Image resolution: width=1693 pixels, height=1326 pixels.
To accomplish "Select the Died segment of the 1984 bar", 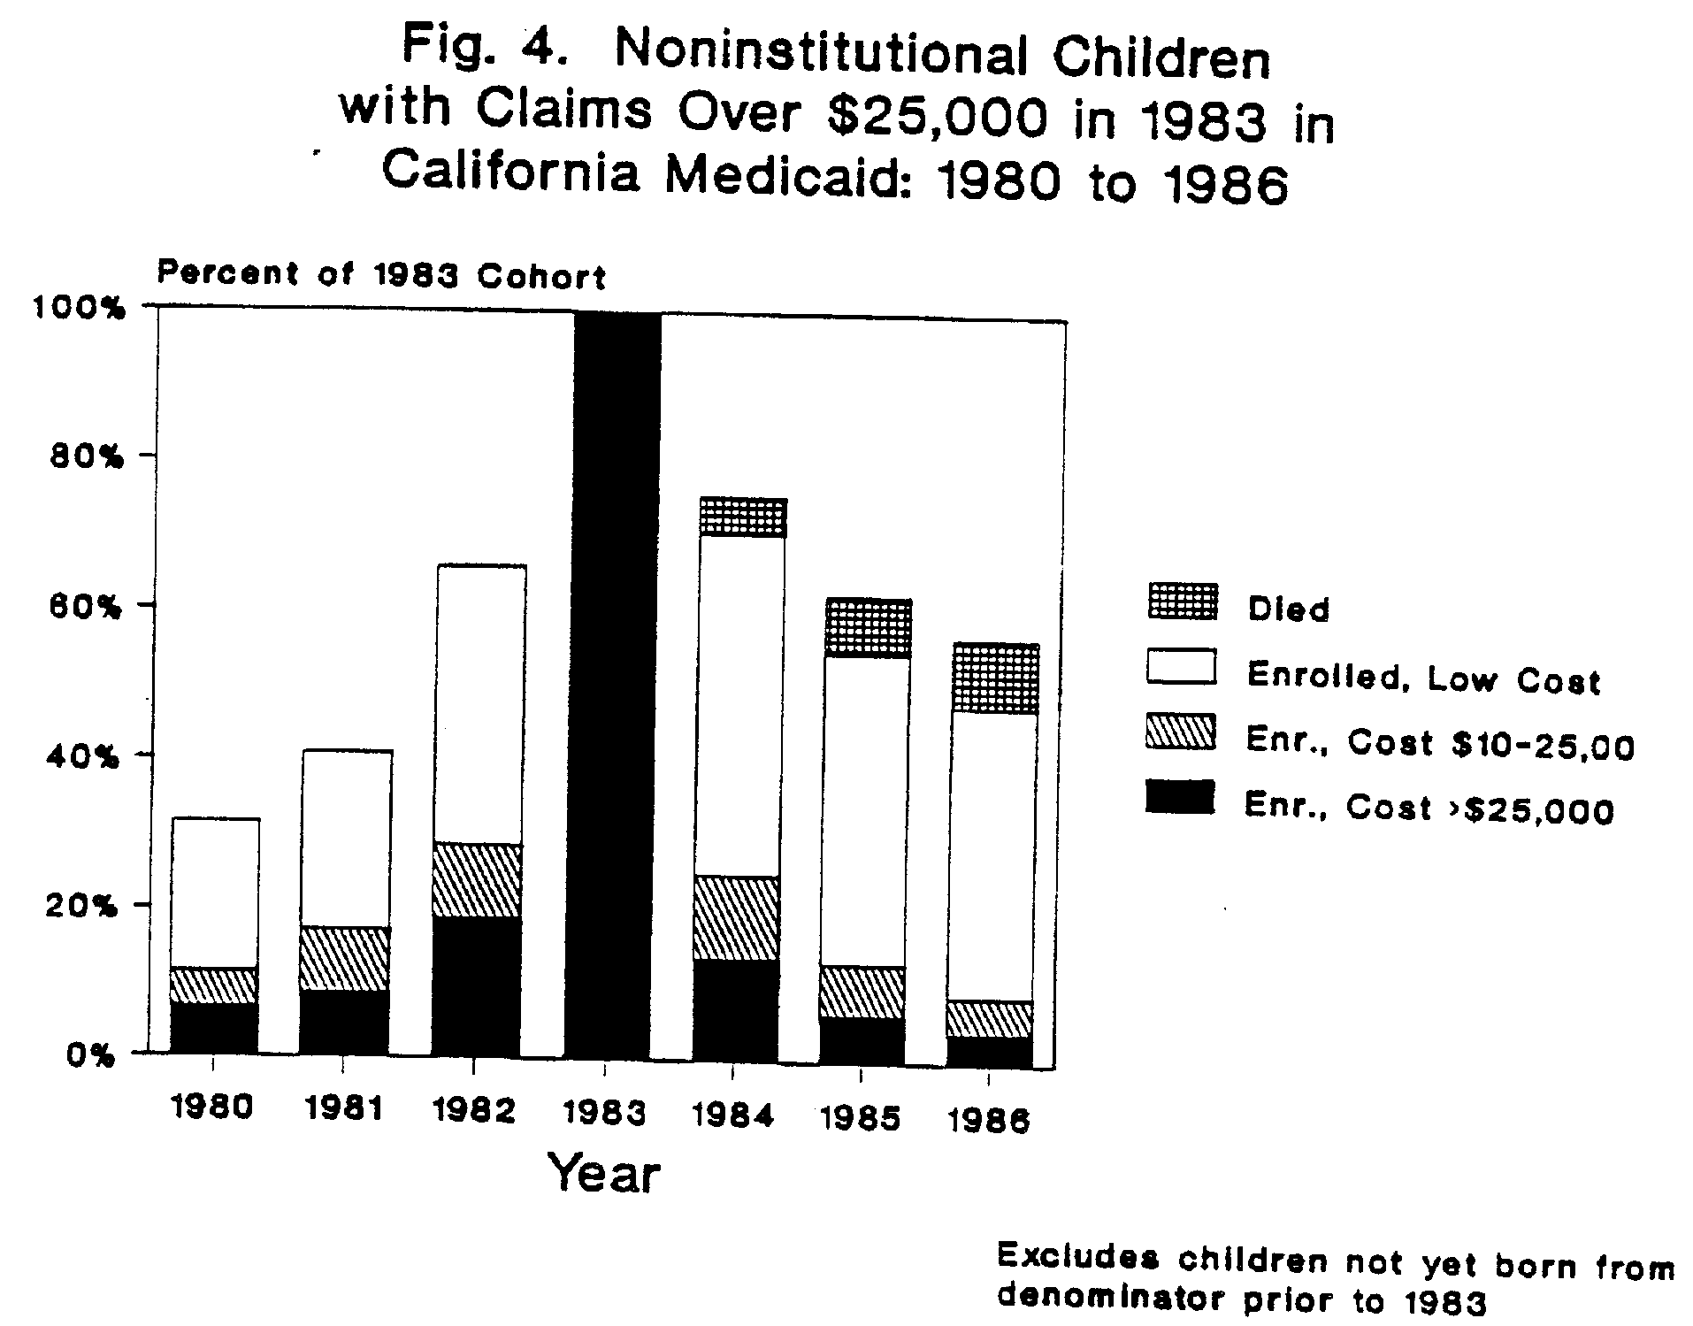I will [x=742, y=517].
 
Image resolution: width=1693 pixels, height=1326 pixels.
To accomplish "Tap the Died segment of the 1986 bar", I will [x=997, y=678].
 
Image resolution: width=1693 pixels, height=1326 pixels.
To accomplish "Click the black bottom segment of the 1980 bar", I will [x=215, y=1028].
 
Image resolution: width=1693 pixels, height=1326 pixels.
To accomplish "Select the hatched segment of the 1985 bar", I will [x=863, y=992].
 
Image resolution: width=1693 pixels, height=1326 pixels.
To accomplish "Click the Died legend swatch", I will [x=1182, y=602].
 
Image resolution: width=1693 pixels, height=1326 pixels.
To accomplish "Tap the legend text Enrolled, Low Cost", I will [x=1423, y=678].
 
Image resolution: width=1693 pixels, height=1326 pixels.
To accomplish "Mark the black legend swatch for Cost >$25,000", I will [x=1180, y=798].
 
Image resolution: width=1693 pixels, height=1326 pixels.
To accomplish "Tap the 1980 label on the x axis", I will [x=213, y=1108].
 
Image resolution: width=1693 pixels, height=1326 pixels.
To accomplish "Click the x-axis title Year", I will [x=604, y=1175].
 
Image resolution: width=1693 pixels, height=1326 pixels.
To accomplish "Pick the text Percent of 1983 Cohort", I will [x=381, y=275].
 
